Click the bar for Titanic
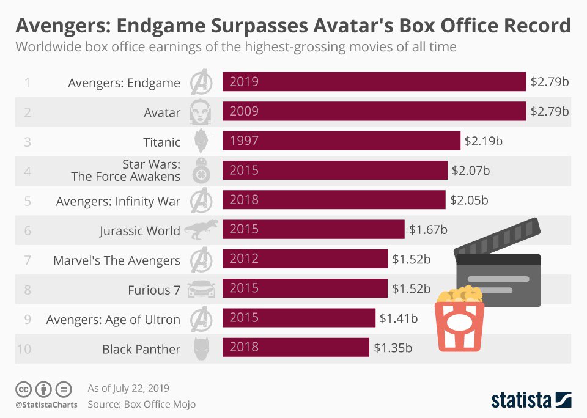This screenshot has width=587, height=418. pos(341,141)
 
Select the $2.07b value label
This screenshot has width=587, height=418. pos(470,170)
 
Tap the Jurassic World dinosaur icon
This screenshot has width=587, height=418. pos(200,230)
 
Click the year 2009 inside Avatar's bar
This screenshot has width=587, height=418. pos(244,111)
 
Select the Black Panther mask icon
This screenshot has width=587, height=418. pos(201,349)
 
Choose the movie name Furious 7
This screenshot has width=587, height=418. pos(154,290)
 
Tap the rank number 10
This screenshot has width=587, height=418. pos(26,349)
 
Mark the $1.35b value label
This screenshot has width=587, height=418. pos(393,348)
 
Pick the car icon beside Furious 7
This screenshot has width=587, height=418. pos(201,289)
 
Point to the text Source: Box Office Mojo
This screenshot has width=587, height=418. pos(142,404)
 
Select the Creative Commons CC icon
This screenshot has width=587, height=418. pos(24,389)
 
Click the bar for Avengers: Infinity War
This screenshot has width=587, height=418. pos(334,200)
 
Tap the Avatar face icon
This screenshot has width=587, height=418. pos(201,112)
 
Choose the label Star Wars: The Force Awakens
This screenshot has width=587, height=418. pos(125,170)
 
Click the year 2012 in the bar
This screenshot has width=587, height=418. pos(244,258)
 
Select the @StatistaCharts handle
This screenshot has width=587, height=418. pos(46,404)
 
